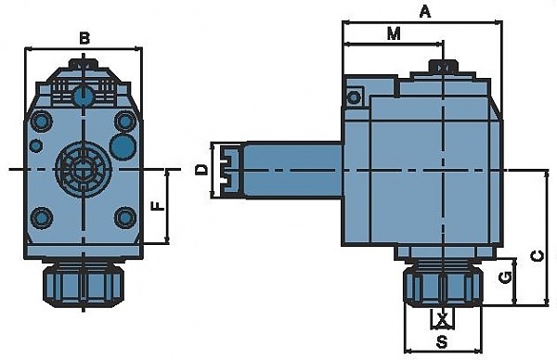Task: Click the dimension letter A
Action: (x=425, y=12)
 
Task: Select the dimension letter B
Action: (x=84, y=38)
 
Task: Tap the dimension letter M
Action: (x=394, y=33)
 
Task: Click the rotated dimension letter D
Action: (x=201, y=170)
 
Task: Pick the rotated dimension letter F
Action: (x=158, y=206)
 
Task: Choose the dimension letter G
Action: (x=505, y=277)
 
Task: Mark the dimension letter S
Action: (x=442, y=342)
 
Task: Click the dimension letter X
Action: (x=442, y=319)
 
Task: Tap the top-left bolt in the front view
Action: (x=42, y=122)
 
